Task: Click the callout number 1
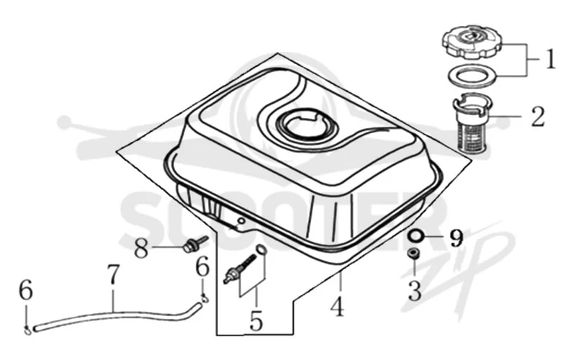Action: (x=550, y=59)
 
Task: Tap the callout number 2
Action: (x=538, y=116)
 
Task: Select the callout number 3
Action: (x=415, y=291)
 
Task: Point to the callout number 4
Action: (x=337, y=306)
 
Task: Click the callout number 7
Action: (x=113, y=274)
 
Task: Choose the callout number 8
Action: (x=140, y=248)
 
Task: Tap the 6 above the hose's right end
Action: (x=202, y=266)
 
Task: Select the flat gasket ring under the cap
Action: (x=472, y=76)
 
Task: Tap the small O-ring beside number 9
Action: (x=415, y=236)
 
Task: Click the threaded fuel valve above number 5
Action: (x=240, y=269)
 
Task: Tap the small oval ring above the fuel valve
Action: (x=261, y=249)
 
